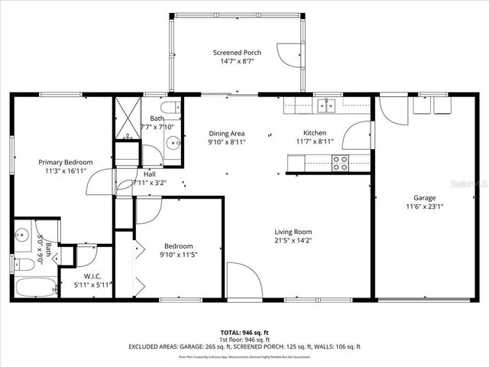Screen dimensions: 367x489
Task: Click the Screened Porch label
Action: [237, 53]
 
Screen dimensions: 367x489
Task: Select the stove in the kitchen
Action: [339, 162]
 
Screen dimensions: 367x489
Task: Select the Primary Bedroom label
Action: [66, 162]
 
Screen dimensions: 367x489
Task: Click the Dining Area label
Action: [226, 133]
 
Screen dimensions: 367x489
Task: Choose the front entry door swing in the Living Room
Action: [243, 280]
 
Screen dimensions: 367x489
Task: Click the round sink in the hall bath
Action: [173, 142]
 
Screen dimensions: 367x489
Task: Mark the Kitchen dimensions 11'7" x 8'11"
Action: [316, 141]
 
